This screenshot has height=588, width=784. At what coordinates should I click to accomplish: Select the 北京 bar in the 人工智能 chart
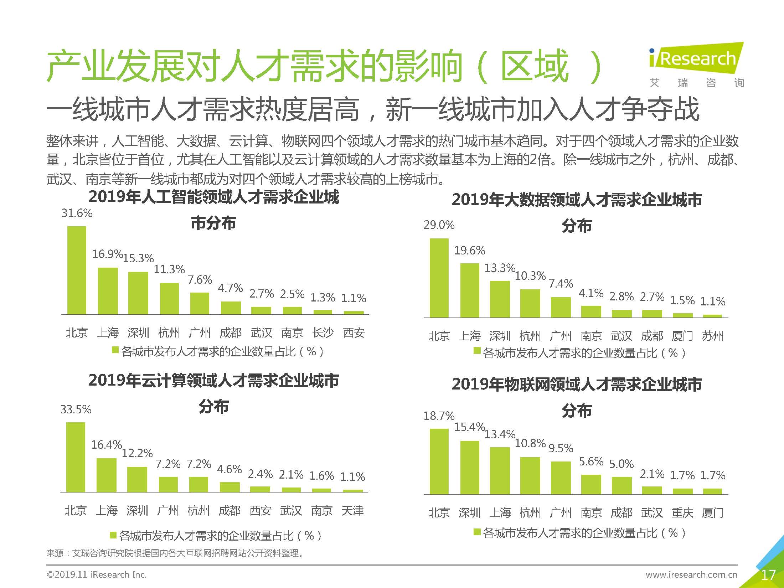(x=77, y=271)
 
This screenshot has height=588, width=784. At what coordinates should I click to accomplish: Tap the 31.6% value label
(x=77, y=213)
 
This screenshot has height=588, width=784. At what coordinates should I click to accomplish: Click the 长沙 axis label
(x=323, y=333)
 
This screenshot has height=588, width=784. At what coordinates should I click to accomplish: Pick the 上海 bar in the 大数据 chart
(x=469, y=290)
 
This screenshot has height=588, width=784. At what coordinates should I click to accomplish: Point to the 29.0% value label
(x=439, y=225)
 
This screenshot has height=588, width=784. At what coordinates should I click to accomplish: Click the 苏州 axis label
(x=713, y=336)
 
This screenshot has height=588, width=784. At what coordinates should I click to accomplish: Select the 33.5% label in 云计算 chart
(x=76, y=409)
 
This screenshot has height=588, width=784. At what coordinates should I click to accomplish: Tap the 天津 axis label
(x=352, y=511)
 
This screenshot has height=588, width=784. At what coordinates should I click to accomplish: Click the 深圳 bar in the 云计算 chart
(x=137, y=480)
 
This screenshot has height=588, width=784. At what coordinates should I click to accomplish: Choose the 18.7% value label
(x=439, y=416)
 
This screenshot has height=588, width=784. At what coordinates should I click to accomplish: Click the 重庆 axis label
(x=682, y=513)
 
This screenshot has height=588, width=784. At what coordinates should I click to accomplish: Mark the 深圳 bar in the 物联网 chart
(x=469, y=468)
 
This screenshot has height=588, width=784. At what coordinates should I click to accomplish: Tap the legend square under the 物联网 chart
(x=477, y=532)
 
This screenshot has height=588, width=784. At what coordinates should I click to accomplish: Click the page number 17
(x=768, y=575)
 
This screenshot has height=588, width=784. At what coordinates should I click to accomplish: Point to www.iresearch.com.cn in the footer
(x=691, y=574)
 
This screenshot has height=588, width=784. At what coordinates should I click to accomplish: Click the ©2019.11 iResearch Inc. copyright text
(x=97, y=574)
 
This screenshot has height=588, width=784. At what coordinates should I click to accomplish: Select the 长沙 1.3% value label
(x=323, y=298)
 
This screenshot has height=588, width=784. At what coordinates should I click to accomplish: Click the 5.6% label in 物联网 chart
(x=591, y=462)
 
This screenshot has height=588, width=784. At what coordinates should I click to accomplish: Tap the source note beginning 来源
(x=175, y=553)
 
